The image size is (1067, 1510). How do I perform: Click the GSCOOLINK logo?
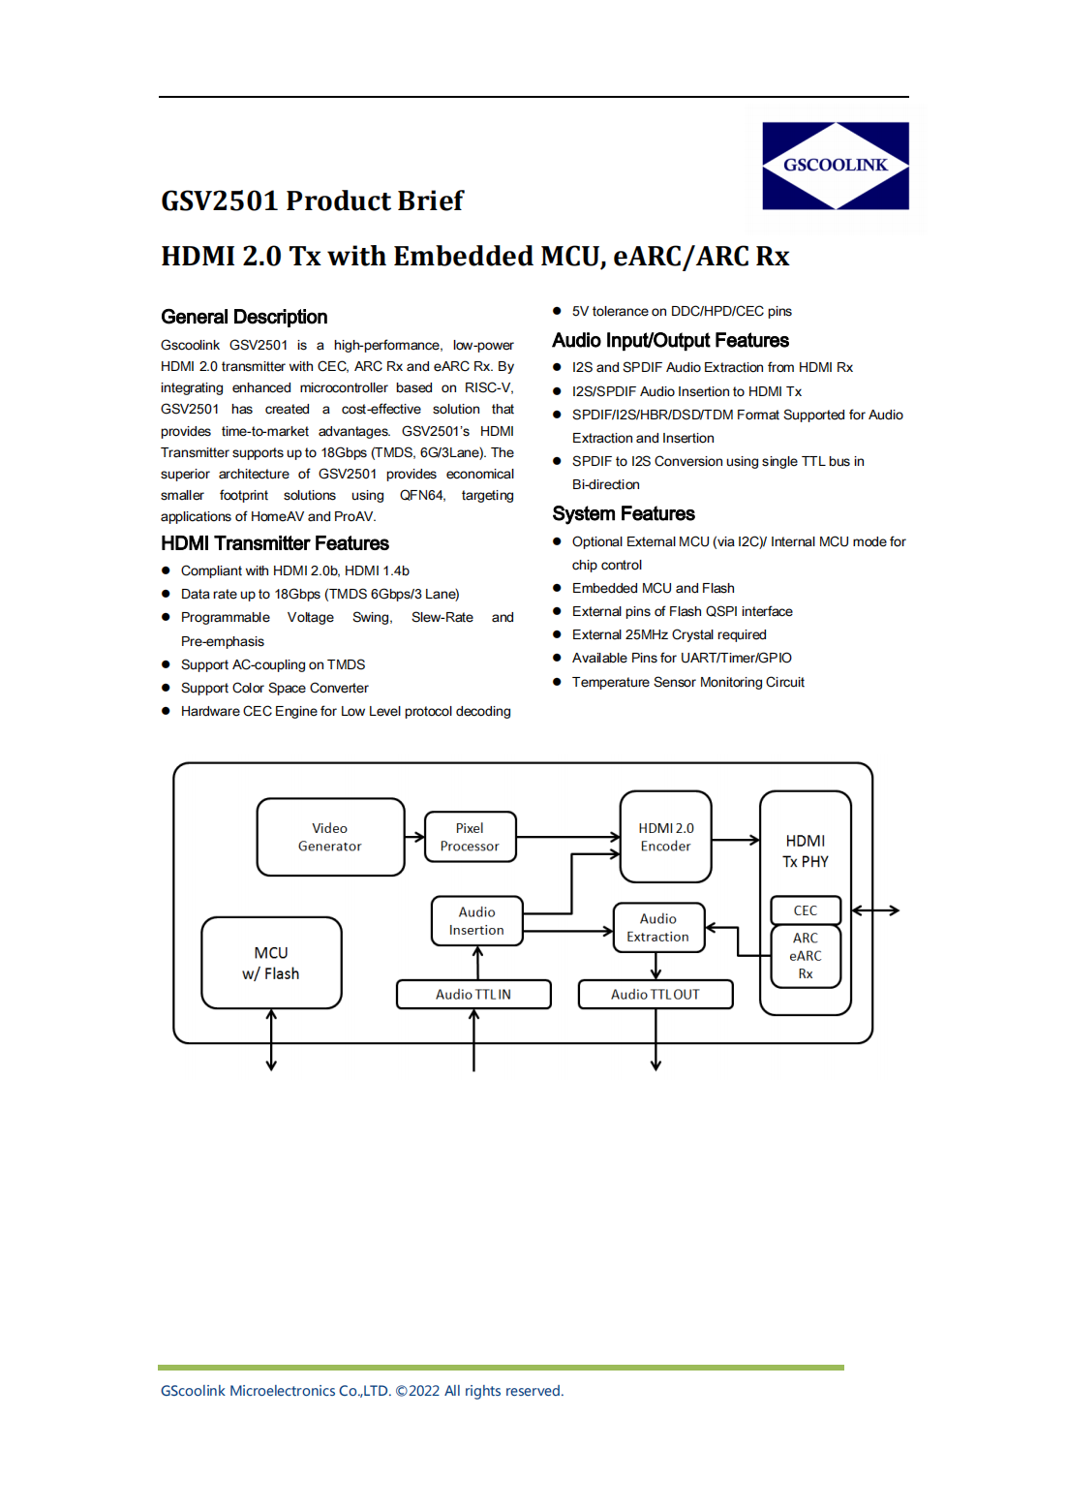click(835, 166)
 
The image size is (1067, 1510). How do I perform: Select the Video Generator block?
click(330, 837)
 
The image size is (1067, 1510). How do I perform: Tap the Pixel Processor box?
click(470, 837)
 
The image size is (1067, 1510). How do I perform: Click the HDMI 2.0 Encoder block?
click(665, 837)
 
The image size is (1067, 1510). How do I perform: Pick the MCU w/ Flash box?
click(271, 963)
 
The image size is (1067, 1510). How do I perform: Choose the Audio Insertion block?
click(476, 921)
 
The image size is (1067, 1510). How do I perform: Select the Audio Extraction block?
click(658, 928)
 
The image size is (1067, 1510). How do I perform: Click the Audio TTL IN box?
click(473, 995)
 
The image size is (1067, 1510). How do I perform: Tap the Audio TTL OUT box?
click(655, 995)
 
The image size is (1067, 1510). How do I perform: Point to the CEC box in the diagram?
click(806, 910)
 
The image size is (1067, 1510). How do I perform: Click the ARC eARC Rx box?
click(806, 956)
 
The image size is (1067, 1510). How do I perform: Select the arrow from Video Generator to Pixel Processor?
click(414, 837)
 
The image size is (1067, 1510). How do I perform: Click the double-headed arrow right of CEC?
click(875, 910)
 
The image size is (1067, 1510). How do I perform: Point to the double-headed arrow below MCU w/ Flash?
click(271, 1040)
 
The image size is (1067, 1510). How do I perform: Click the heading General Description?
click(244, 317)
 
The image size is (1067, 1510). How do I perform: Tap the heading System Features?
click(624, 513)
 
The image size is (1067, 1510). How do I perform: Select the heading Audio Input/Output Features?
click(670, 340)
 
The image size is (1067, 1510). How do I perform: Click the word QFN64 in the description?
click(422, 495)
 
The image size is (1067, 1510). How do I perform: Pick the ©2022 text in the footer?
click(417, 1391)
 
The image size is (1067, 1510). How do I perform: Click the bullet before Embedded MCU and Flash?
click(557, 588)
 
